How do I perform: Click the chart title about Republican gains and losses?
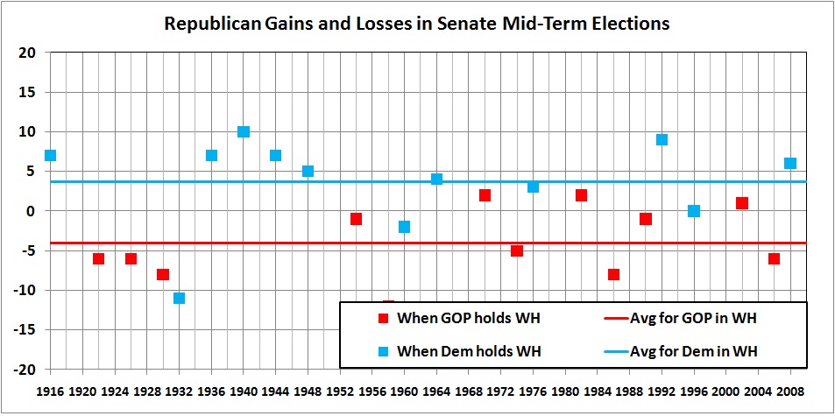point(417,24)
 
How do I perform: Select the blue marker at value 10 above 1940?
point(244,131)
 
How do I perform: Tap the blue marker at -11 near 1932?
point(179,298)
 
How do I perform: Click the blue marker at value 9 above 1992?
point(662,139)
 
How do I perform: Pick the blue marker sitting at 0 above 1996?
point(694,211)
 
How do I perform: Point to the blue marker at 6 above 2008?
point(790,163)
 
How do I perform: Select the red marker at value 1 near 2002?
point(742,203)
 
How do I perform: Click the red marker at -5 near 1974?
point(517,250)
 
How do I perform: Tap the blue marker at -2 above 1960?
point(404,227)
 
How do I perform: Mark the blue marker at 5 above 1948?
point(308,171)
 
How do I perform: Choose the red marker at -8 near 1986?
point(613,274)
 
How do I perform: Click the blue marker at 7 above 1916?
point(50,155)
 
